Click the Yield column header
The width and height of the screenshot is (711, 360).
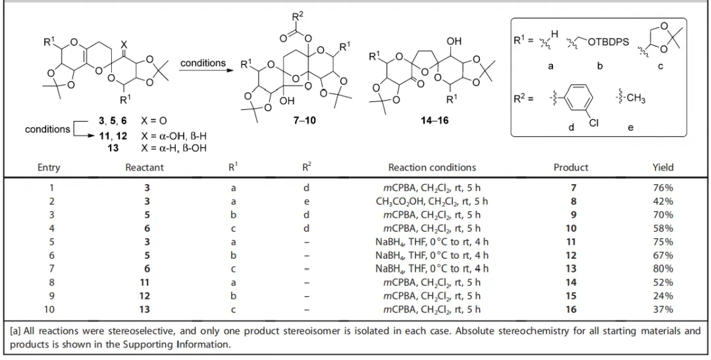coord(662,167)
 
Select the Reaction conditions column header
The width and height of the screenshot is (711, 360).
coord(432,167)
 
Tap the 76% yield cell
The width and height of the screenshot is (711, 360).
coord(662,188)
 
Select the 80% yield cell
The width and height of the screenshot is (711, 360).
coord(662,269)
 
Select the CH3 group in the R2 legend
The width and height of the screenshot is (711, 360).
coord(635,98)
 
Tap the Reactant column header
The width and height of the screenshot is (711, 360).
coord(145,167)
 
